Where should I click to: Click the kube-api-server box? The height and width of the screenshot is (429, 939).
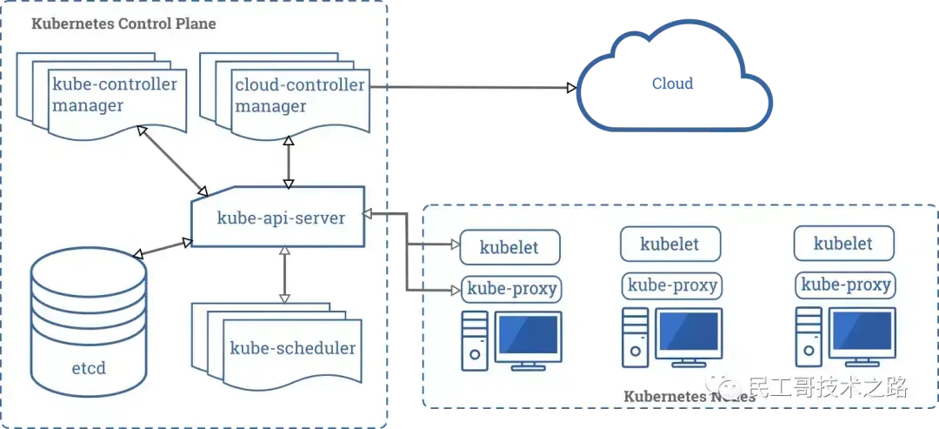point(280,218)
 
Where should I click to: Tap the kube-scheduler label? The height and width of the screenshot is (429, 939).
point(292,348)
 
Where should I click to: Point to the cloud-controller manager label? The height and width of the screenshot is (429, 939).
point(299,96)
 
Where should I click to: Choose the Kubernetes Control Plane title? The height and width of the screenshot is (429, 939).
point(123,23)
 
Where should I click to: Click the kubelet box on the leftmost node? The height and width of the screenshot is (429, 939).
point(509,247)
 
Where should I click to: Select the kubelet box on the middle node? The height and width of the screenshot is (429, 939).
point(670,244)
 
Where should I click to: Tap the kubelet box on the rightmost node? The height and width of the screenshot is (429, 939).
point(843,244)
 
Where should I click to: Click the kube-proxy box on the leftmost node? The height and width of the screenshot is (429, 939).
point(512,288)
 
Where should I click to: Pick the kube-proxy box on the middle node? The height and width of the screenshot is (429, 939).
point(670,285)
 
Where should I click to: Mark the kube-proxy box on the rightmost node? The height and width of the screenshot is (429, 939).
point(845,285)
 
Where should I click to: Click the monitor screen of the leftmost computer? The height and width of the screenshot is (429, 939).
point(527,335)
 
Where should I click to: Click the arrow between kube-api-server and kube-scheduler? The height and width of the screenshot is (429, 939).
point(283,275)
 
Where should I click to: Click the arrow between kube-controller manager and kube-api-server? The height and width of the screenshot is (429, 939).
point(174,160)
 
